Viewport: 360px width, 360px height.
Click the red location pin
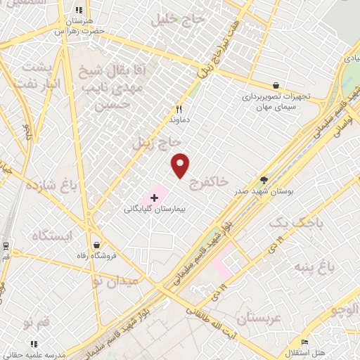pyautogui.click(x=181, y=165)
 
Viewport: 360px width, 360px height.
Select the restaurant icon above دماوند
pyautogui.click(x=179, y=110)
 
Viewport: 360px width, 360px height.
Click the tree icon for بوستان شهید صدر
pyautogui.click(x=264, y=180)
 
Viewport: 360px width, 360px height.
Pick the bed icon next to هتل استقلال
pyautogui.click(x=304, y=340)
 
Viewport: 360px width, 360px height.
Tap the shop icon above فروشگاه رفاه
pyautogui.click(x=96, y=245)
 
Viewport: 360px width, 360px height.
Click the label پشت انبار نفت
pyautogui.click(x=41, y=75)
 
